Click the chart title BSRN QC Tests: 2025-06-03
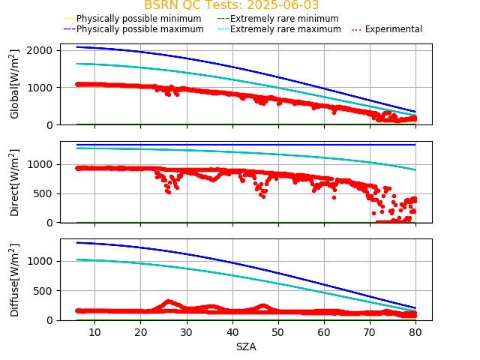pos(231,5)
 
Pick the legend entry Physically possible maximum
pos(139,29)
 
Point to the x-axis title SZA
pos(246,347)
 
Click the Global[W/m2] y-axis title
pos(15,84)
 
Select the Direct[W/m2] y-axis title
pos(15,181)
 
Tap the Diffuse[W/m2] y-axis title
pos(15,279)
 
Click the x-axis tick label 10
pos(94,332)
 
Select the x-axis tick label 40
pos(232,332)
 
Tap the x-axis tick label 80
pos(416,332)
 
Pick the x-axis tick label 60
pos(324,332)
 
